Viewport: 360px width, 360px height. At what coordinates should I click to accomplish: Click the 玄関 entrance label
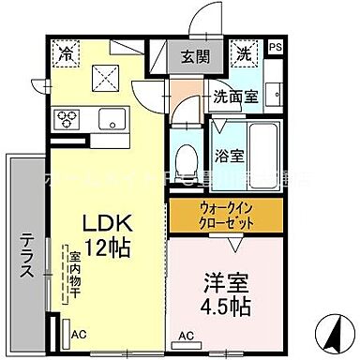click(x=195, y=54)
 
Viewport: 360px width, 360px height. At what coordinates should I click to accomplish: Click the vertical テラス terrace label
click(x=26, y=262)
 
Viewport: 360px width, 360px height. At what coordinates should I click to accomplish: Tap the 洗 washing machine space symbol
click(x=242, y=54)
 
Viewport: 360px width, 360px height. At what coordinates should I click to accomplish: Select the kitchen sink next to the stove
click(x=113, y=118)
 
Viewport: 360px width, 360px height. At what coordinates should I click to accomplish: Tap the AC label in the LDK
click(x=80, y=331)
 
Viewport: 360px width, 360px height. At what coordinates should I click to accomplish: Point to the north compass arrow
click(x=330, y=331)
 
